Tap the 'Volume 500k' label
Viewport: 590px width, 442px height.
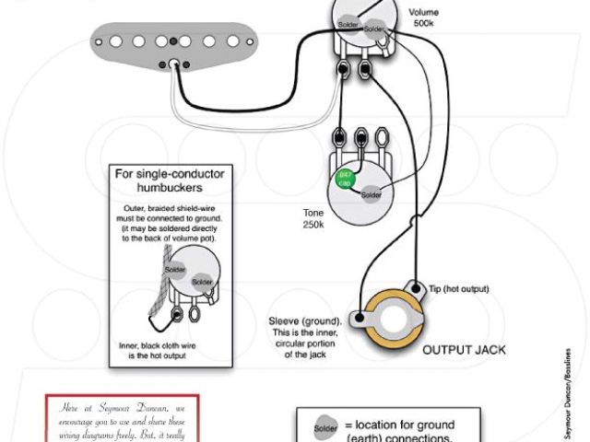pyautogui.click(x=427, y=17)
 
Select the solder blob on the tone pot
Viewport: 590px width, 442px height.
pyautogui.click(x=372, y=194)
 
